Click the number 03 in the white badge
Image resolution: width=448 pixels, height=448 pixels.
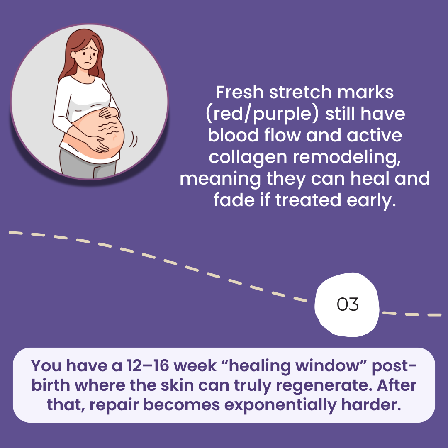coord(348,304)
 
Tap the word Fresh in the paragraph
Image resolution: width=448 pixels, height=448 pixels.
coord(239,92)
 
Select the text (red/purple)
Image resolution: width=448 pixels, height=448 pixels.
coord(262,114)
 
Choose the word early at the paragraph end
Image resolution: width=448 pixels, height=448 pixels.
coord(371,200)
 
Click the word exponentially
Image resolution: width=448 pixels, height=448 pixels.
coord(280,405)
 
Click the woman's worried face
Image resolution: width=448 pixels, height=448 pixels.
coord(88,55)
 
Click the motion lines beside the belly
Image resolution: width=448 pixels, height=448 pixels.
coord(133,139)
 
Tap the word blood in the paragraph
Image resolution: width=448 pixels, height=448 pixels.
coord(233,135)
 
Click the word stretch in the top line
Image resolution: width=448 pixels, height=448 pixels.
coord(300,92)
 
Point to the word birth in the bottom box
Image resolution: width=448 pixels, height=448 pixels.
coord(51,385)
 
